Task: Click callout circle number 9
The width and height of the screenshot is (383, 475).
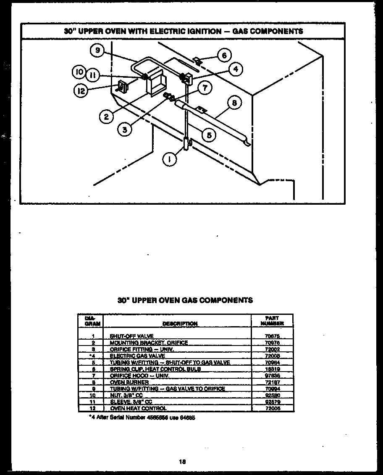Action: click(97, 50)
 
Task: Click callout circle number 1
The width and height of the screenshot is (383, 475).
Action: click(170, 159)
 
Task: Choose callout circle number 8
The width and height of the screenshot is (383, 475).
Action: click(234, 103)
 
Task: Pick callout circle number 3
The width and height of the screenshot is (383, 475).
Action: click(124, 129)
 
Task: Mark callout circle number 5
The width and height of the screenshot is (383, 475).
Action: click(208, 135)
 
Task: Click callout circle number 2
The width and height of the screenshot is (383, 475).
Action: click(106, 116)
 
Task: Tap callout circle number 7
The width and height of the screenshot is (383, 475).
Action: click(205, 88)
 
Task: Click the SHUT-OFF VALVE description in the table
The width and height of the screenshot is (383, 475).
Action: click(131, 336)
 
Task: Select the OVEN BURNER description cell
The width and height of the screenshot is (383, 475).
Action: click(129, 383)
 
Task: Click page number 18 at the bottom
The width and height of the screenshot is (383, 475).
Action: click(182, 462)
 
